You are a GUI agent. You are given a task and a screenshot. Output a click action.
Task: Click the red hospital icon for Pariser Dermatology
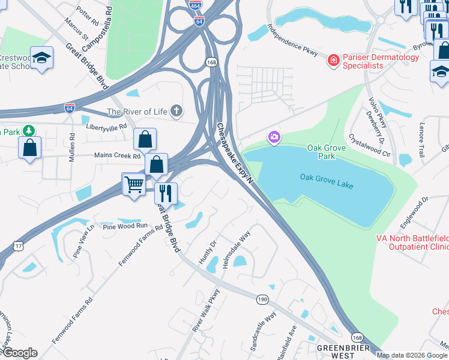click(x=333, y=61)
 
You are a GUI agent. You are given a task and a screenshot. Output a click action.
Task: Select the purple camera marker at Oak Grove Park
click(x=274, y=138)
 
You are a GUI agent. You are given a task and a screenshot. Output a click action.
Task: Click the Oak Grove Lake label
click(x=327, y=181)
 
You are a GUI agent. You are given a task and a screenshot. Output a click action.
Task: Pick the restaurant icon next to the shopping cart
click(x=166, y=193)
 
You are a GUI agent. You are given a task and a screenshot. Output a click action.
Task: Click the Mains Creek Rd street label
click(x=116, y=155)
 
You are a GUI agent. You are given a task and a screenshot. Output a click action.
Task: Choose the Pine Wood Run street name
click(x=124, y=226)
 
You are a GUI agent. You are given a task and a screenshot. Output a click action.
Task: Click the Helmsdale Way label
click(x=237, y=245)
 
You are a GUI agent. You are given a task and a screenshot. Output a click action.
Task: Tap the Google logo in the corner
click(x=19, y=353)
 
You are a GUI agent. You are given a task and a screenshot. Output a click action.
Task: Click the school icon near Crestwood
click(x=42, y=58)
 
